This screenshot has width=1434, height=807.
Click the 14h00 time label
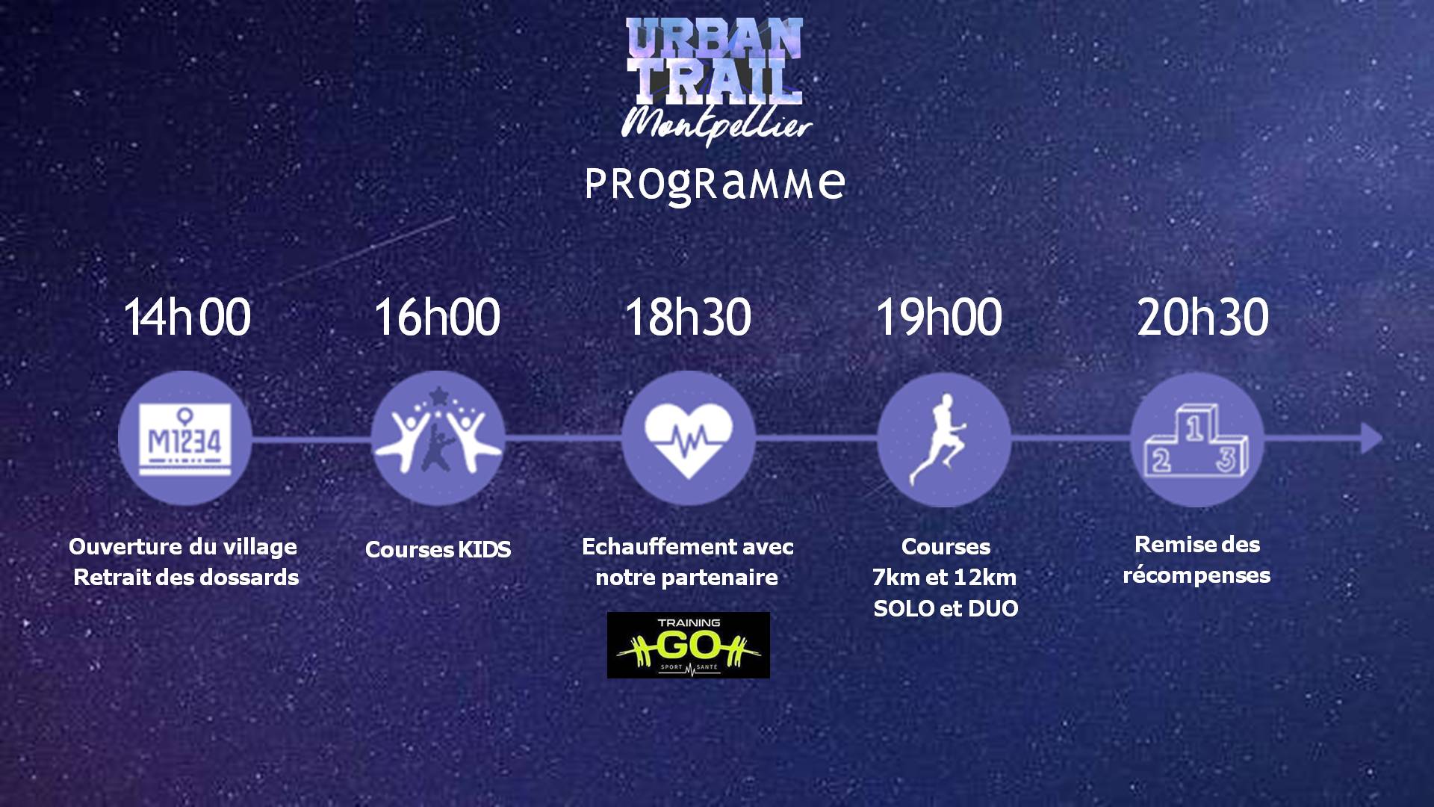[x=187, y=317]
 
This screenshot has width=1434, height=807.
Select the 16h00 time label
[x=437, y=317]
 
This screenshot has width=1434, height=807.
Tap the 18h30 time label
[x=688, y=317]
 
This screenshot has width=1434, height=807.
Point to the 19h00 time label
[x=939, y=317]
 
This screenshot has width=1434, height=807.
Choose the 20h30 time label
[x=1202, y=317]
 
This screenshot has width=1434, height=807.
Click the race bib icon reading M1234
[x=184, y=438]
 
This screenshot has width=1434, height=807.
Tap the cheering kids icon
[x=438, y=438]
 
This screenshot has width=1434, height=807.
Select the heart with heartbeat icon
[x=688, y=438]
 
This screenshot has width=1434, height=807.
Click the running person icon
[x=944, y=439]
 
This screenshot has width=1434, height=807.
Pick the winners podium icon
[x=1196, y=439]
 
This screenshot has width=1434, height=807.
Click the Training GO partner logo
[x=688, y=646]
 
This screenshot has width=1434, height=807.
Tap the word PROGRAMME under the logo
[x=715, y=184]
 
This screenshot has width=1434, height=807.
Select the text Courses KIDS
[x=438, y=550]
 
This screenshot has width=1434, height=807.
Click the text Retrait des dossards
[x=186, y=578]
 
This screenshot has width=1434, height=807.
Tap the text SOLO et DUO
[x=946, y=609]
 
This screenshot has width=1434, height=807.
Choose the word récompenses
[x=1196, y=576]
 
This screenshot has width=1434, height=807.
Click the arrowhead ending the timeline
[x=1371, y=438]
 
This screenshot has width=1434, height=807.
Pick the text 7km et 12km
[x=944, y=578]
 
